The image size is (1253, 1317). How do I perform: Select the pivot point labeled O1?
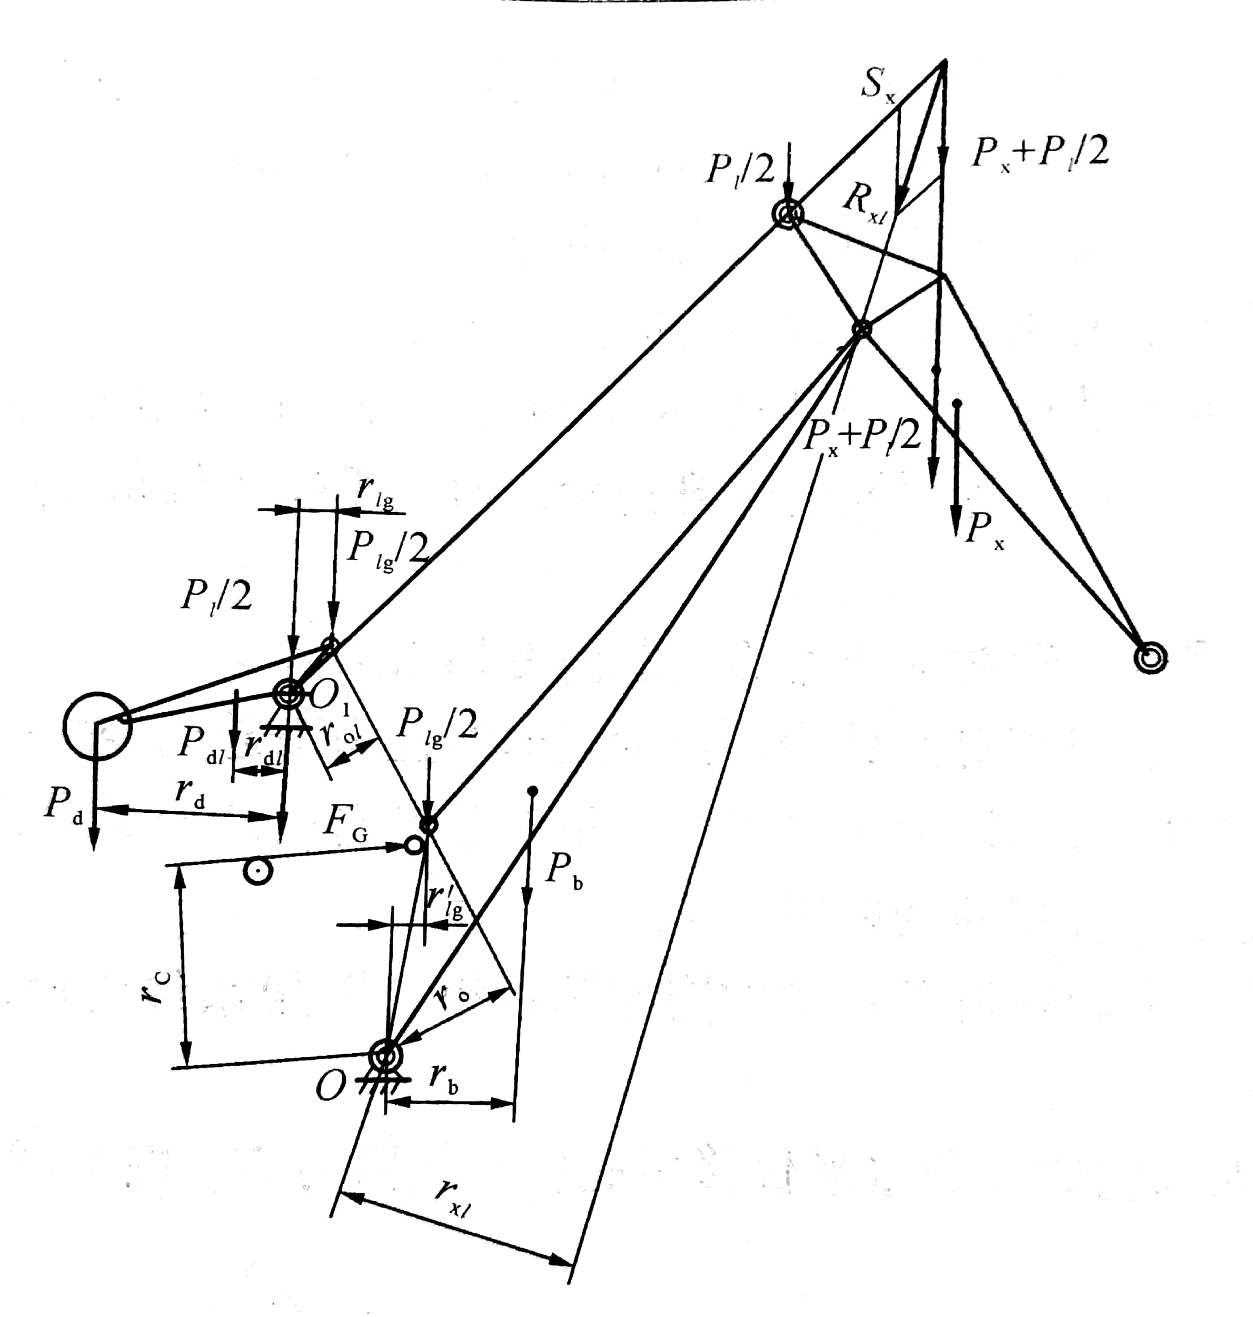(288, 694)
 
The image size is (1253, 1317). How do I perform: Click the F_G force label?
(344, 823)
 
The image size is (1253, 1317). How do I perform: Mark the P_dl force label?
(202, 745)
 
